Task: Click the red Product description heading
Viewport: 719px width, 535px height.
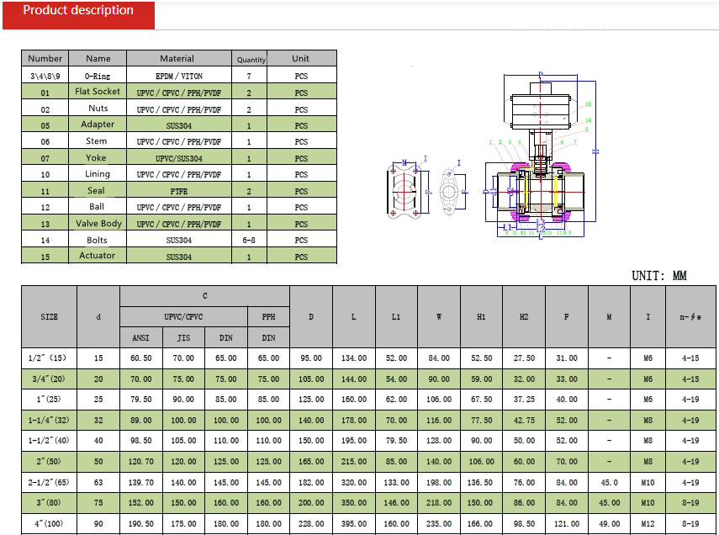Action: pos(78,11)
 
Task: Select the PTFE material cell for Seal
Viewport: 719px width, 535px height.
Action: pos(178,191)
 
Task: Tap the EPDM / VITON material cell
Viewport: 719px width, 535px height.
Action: pos(178,76)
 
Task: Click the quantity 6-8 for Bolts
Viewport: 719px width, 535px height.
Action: pos(250,240)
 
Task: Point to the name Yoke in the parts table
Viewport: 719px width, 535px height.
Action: pos(98,158)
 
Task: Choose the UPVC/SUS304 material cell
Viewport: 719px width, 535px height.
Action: pos(178,158)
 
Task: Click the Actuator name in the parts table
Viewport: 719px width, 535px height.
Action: pos(98,256)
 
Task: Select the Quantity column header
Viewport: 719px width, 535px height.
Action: pos(251,59)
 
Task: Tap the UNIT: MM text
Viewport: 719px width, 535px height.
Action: pos(659,276)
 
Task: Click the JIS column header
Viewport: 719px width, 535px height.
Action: pos(183,337)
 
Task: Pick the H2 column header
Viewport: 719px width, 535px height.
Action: pos(524,317)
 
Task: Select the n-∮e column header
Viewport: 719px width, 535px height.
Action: pos(690,317)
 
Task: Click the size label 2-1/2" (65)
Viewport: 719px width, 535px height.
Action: pos(49,483)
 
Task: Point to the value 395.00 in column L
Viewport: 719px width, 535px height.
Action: pos(354,523)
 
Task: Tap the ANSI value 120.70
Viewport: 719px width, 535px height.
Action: pos(140,462)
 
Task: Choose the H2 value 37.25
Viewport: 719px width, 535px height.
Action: pos(524,400)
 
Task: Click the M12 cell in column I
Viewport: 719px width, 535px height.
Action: pos(648,523)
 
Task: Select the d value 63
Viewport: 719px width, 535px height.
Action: pos(98,483)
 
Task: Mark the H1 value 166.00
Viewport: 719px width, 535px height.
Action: pos(482,523)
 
